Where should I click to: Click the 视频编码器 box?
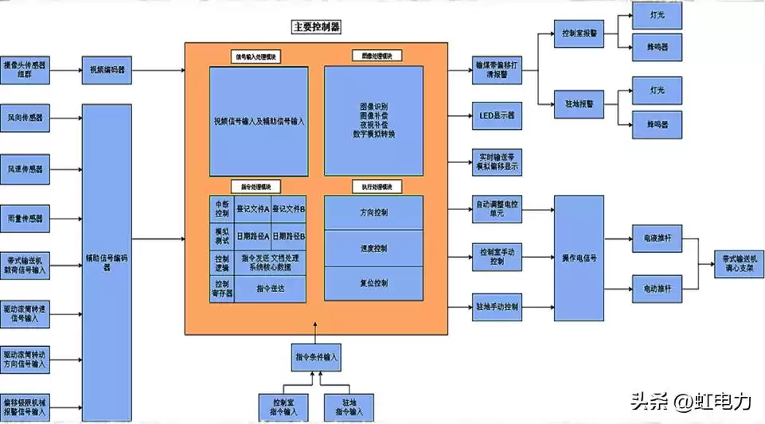(x=107, y=70)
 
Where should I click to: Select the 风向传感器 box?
(x=25, y=118)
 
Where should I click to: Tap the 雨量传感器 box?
(x=25, y=218)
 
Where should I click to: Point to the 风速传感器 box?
(x=25, y=169)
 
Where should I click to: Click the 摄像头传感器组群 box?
(x=25, y=70)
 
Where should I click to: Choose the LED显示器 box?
(x=498, y=115)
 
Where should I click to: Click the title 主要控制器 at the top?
(x=316, y=27)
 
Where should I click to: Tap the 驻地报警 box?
(x=579, y=103)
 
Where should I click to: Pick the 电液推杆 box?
(x=657, y=238)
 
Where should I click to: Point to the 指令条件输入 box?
(x=316, y=357)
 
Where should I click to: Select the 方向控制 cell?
(x=373, y=212)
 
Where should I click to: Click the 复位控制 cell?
(x=373, y=283)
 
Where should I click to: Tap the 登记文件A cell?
(x=254, y=209)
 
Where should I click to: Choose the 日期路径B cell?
(x=289, y=236)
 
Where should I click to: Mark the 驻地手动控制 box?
(x=498, y=306)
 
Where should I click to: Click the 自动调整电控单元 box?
(x=498, y=209)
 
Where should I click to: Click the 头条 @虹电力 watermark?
(x=690, y=402)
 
